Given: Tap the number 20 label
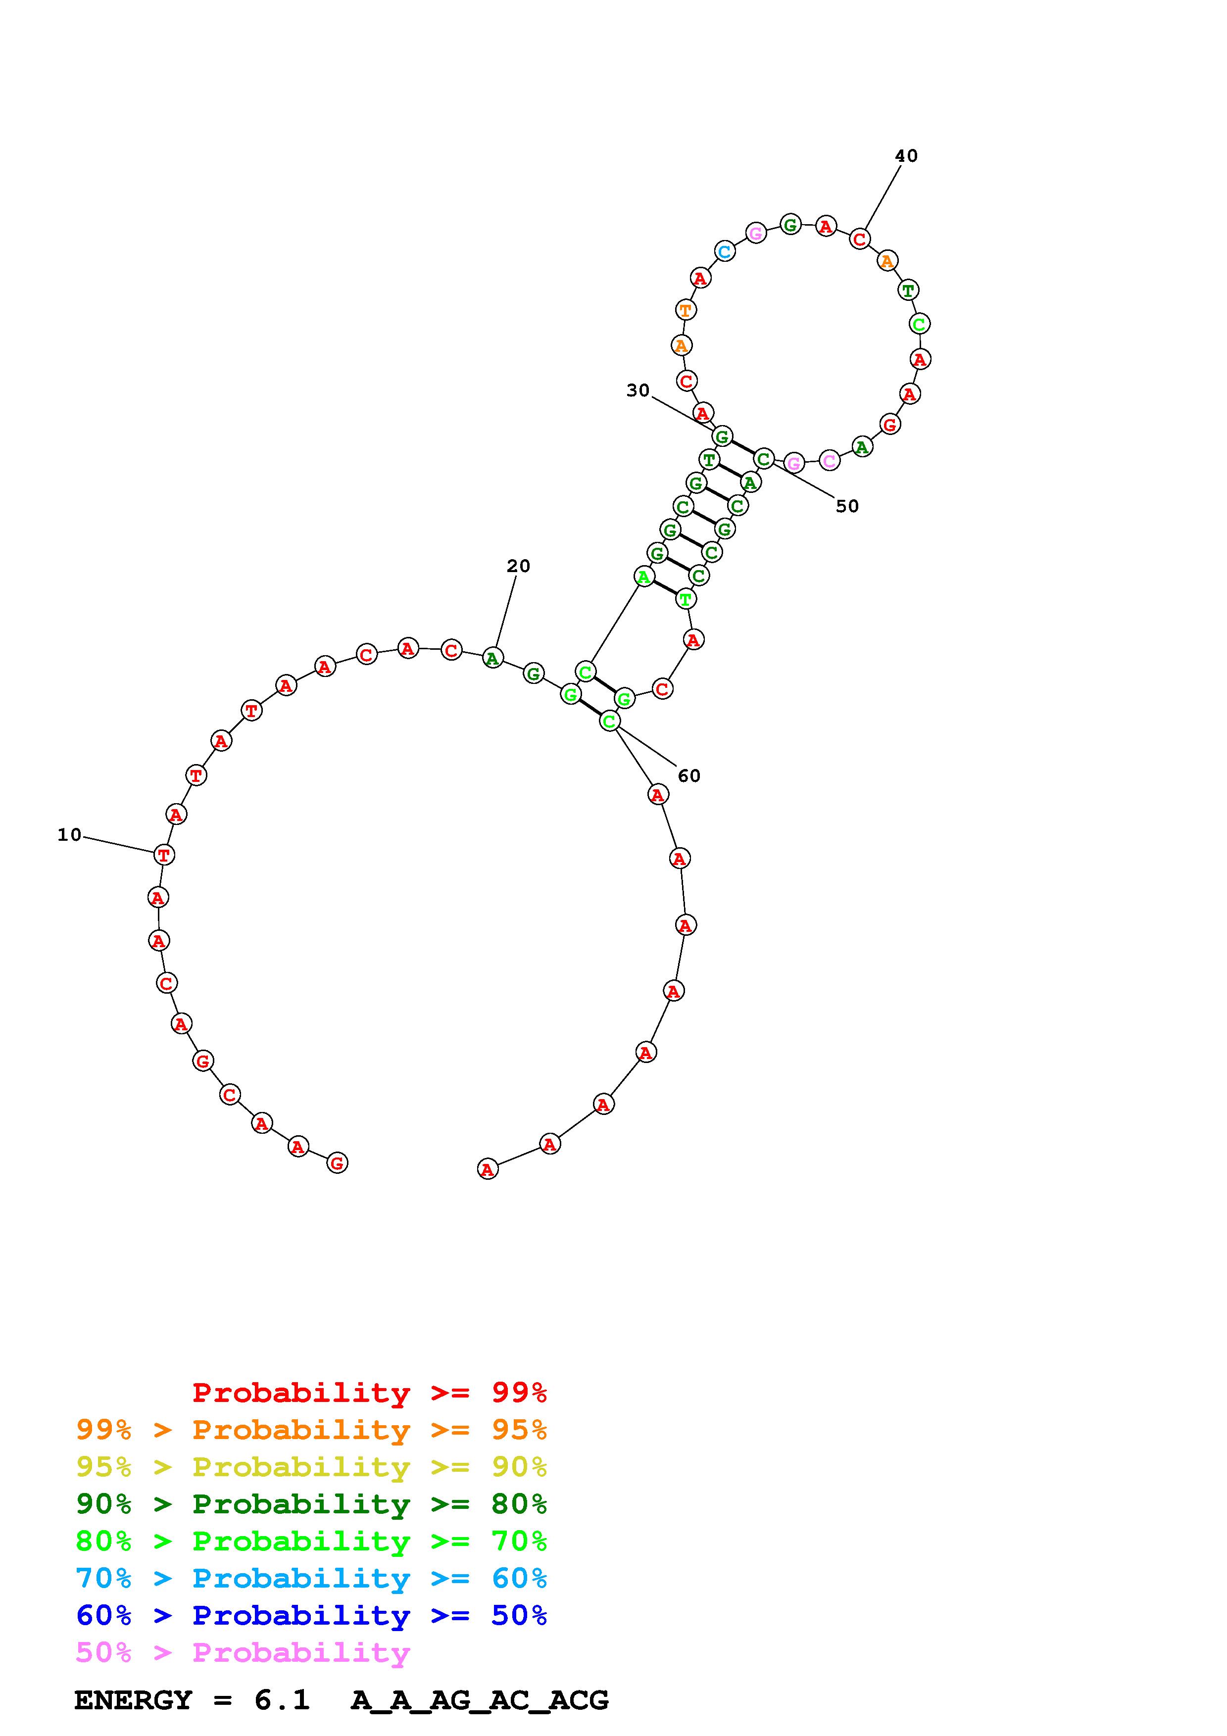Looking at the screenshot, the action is pos(519,566).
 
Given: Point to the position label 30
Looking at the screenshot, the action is pos(638,390).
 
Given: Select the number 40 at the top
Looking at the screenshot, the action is pos(906,156).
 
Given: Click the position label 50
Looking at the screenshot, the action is pos(847,507).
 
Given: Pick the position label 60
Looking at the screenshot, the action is pos(688,776).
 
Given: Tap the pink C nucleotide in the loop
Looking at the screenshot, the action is pos(830,460).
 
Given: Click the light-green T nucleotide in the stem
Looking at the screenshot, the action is pos(685,600).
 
